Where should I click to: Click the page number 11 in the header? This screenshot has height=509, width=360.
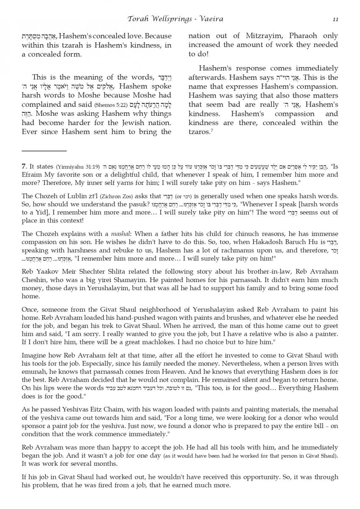point(335,19)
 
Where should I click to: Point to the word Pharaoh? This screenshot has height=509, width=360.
point(290,36)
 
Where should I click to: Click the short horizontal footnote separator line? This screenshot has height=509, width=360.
point(44,151)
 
